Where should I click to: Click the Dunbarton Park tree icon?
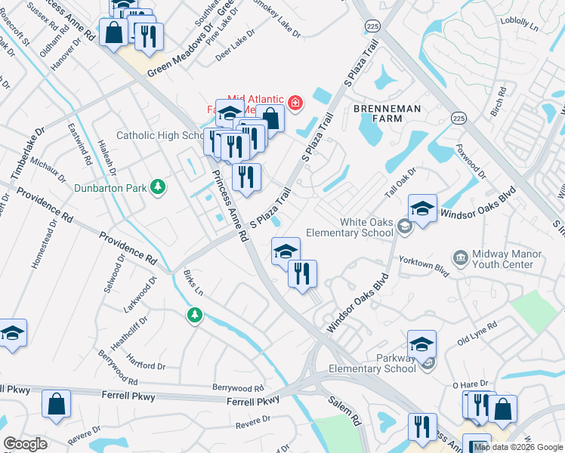(x=157, y=186)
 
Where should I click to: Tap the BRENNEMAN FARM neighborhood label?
(x=387, y=109)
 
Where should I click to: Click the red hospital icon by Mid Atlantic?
(x=295, y=103)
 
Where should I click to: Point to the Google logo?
(x=25, y=444)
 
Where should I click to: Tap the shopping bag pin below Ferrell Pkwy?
(x=57, y=404)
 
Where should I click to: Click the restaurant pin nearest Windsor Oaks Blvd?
(x=302, y=273)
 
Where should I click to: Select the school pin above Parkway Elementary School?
(x=421, y=344)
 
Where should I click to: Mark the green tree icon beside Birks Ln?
(x=195, y=314)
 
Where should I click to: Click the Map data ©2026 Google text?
(x=519, y=446)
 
